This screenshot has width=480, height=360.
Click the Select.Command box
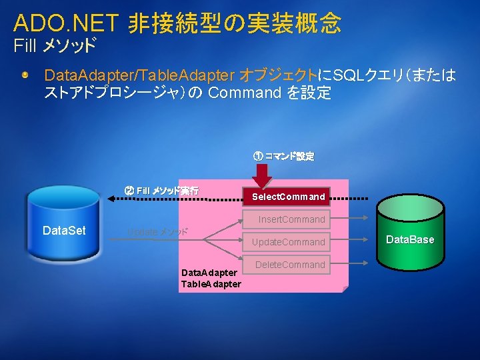pyautogui.click(x=289, y=197)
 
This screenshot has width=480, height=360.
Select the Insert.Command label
pyautogui.click(x=291, y=219)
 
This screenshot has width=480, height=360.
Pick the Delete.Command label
pyautogui.click(x=291, y=265)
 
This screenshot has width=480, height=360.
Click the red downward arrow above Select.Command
pyautogui.click(x=263, y=175)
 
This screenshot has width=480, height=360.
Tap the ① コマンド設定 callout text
pyautogui.click(x=283, y=157)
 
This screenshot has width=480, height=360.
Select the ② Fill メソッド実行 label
pyautogui.click(x=161, y=191)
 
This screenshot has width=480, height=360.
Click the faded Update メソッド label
pyautogui.click(x=157, y=232)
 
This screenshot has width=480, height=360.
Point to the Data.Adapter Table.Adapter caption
pyautogui.click(x=210, y=279)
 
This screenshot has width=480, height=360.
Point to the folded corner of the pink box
pyautogui.click(x=343, y=289)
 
